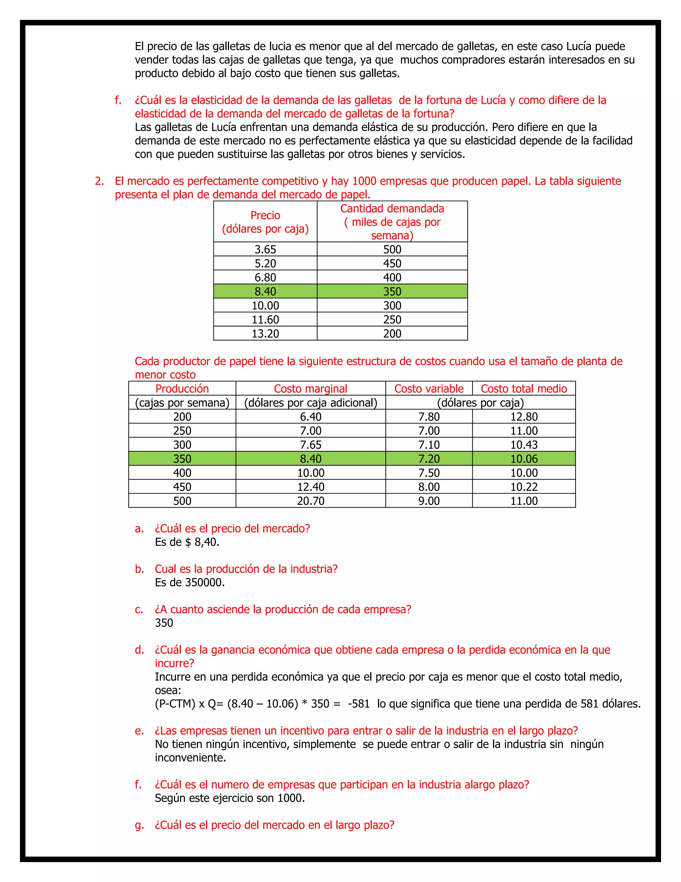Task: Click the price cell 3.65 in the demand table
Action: (x=265, y=249)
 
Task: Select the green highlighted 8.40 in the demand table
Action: (x=265, y=291)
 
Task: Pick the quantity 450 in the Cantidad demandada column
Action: (x=392, y=263)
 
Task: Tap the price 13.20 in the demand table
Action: (x=265, y=333)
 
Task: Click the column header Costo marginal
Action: (x=310, y=388)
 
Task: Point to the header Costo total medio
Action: (x=524, y=388)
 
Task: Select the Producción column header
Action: (x=182, y=388)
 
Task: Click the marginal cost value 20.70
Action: (x=311, y=501)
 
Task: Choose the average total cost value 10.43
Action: (x=524, y=445)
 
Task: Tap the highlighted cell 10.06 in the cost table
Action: (x=524, y=459)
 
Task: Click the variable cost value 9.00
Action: (x=429, y=501)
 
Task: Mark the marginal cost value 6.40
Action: (x=311, y=417)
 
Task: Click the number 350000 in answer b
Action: (x=204, y=583)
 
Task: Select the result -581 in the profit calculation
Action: (x=359, y=704)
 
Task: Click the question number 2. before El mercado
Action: (x=99, y=181)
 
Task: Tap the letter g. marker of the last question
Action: (x=139, y=825)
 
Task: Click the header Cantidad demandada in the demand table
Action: (x=392, y=208)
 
